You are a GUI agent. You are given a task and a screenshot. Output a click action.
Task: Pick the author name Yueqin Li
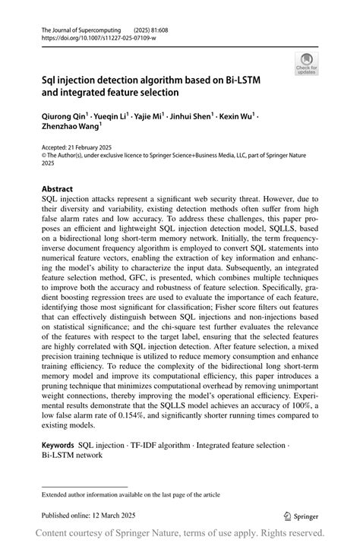pos(115,117)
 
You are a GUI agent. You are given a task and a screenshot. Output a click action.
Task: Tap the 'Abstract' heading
pos(57,188)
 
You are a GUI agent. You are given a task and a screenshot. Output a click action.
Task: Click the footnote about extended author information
pos(131,494)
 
